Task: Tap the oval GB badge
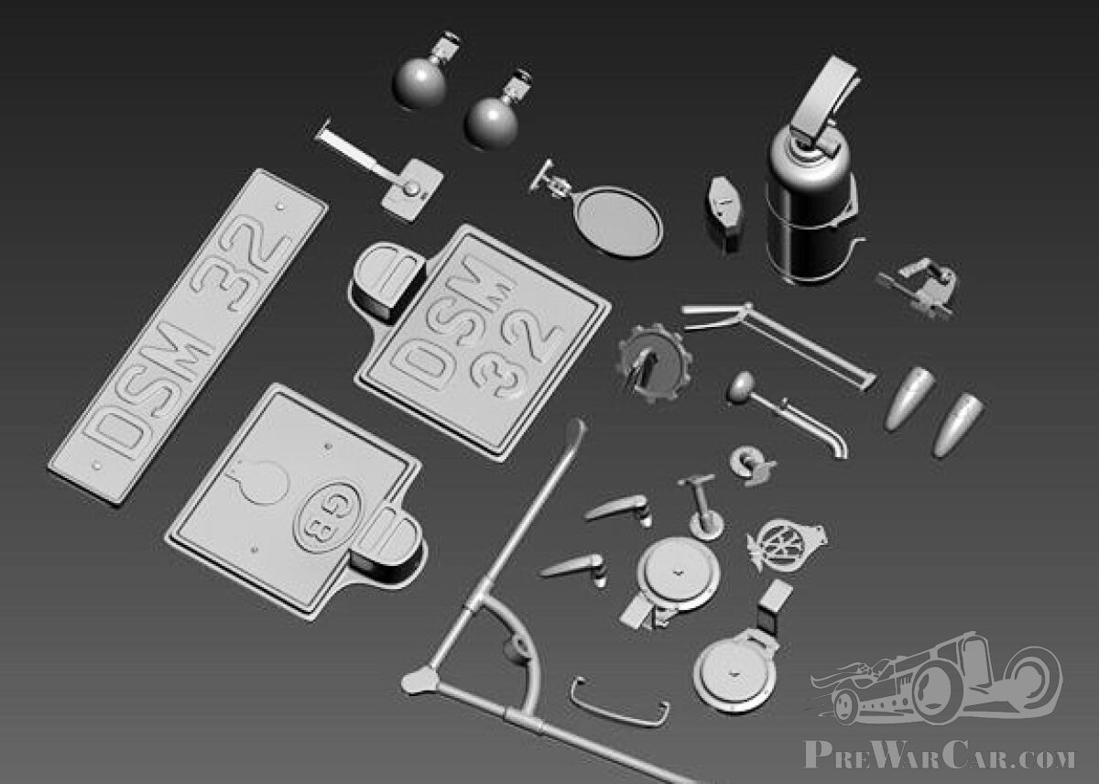[327, 515]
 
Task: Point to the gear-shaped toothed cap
[651, 363]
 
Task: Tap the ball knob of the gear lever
[742, 387]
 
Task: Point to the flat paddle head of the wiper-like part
[411, 189]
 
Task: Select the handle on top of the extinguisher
[829, 101]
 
